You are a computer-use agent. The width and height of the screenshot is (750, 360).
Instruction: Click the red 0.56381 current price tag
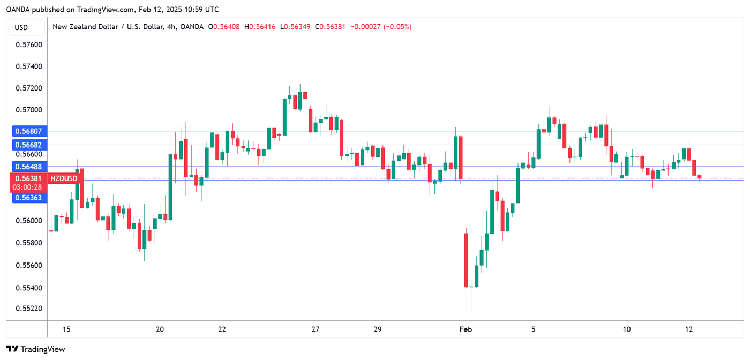click(x=26, y=178)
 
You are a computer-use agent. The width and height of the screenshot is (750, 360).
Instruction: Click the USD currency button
click(x=21, y=27)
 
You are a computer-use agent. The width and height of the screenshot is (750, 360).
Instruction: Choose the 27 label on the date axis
click(x=315, y=329)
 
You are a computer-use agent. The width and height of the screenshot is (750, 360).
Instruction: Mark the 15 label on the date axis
click(x=66, y=329)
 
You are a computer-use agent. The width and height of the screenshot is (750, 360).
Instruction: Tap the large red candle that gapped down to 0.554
click(x=466, y=260)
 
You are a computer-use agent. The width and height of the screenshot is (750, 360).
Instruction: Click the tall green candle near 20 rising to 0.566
click(x=170, y=187)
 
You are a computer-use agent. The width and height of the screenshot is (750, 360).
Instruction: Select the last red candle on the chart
click(x=700, y=177)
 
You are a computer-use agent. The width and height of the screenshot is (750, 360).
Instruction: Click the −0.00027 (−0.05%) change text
click(x=380, y=27)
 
